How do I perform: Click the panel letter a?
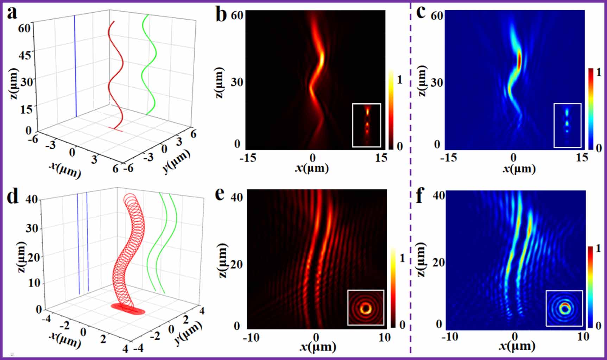(12, 13)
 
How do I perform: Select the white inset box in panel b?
(367, 125)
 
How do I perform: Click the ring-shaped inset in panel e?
(366, 308)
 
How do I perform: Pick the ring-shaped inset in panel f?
(564, 308)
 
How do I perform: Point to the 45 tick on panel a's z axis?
(25, 55)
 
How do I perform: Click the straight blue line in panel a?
(75, 67)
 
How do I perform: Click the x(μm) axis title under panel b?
(312, 168)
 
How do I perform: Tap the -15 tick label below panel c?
(449, 157)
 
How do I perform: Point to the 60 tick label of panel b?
(237, 15)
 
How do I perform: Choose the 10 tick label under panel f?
(583, 337)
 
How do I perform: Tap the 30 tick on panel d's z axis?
(32, 228)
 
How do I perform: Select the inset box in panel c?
(567, 125)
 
